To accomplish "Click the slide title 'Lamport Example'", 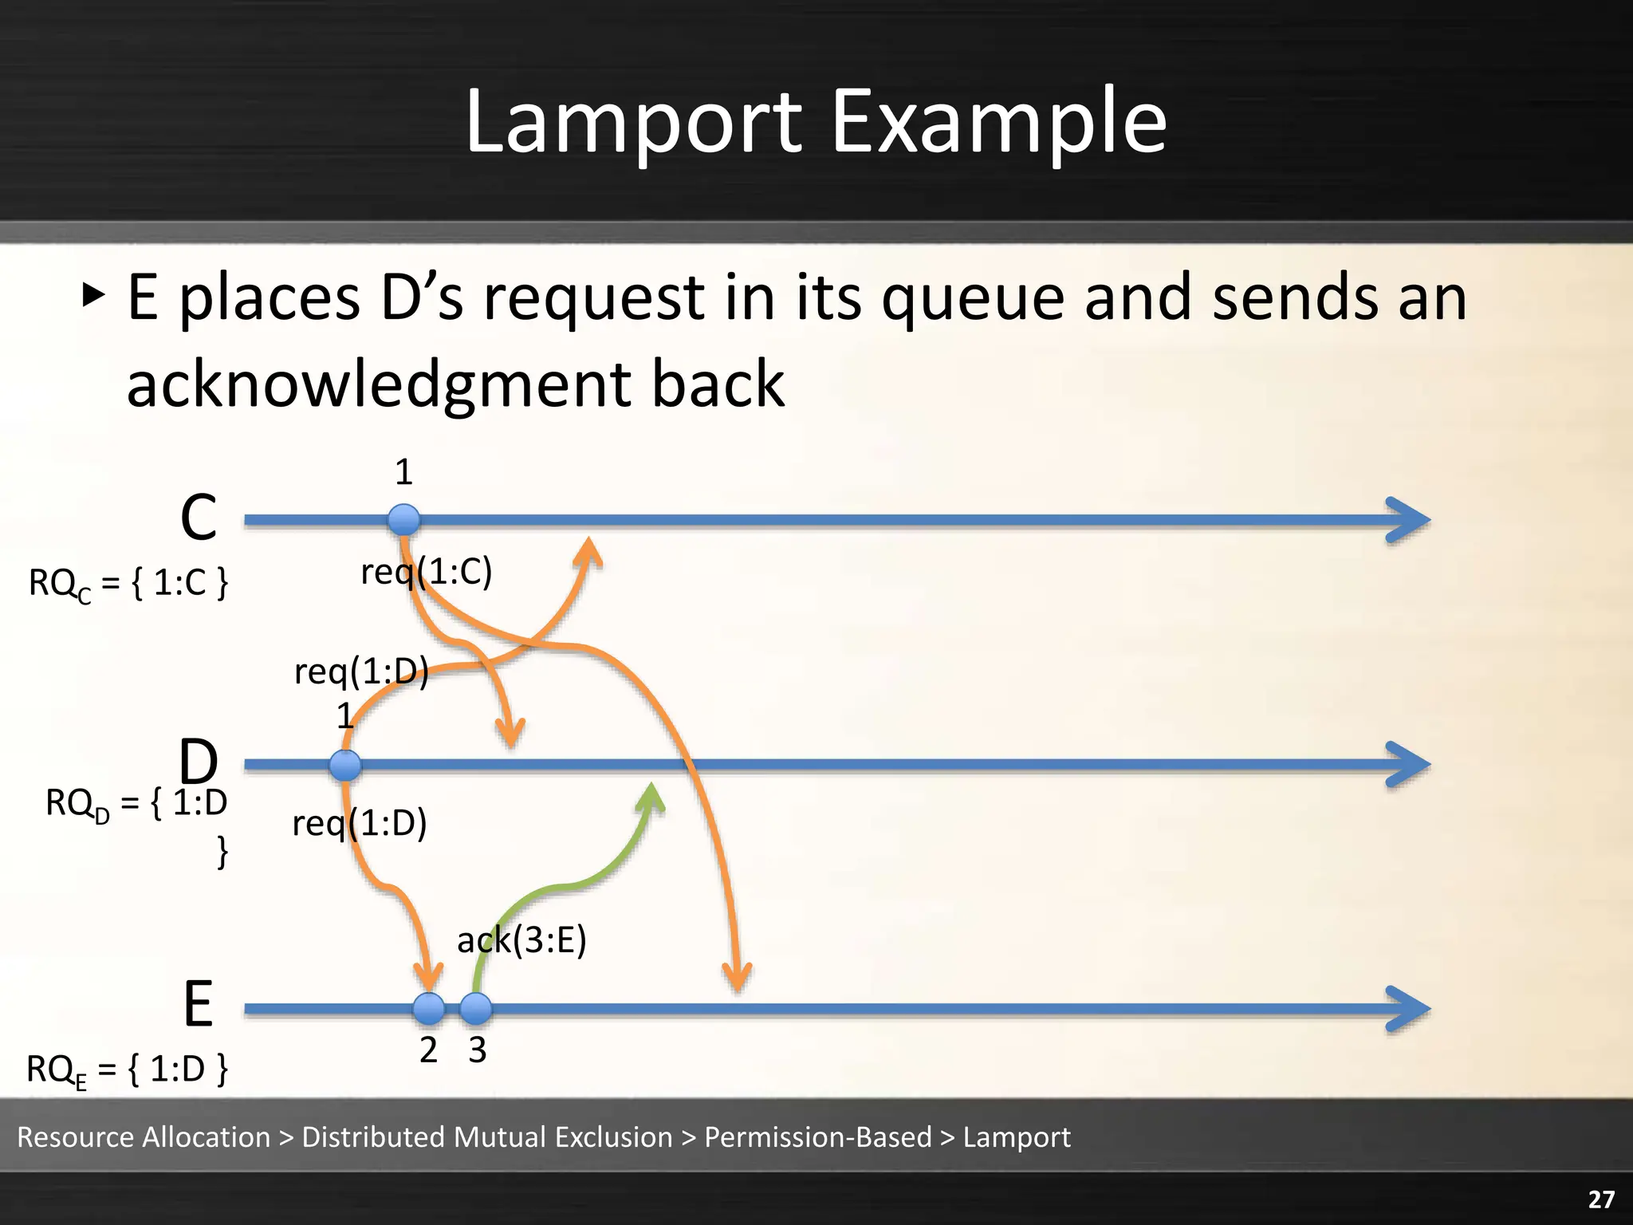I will [x=816, y=121].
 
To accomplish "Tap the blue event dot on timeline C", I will [x=403, y=520].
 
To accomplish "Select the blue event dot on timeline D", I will [x=345, y=765].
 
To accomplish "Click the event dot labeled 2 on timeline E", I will [x=429, y=1009].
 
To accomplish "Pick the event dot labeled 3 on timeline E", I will [x=476, y=1009].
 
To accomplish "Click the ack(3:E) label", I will [x=521, y=940].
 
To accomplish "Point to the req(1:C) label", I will [x=427, y=572].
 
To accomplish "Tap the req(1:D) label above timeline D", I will [x=361, y=671].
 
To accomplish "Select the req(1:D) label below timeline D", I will [x=360, y=823].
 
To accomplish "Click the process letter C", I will [x=199, y=518].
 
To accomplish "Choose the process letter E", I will [x=199, y=1004].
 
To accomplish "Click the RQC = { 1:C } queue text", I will [x=128, y=583].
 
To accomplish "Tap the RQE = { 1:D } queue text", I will [x=128, y=1069].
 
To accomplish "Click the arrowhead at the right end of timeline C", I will [x=1410, y=520].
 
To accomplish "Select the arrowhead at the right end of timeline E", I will [x=1410, y=1009].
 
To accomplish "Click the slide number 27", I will [x=1601, y=1199].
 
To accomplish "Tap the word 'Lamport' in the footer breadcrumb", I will [x=1017, y=1136].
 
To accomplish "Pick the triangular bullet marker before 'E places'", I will [x=93, y=296].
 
